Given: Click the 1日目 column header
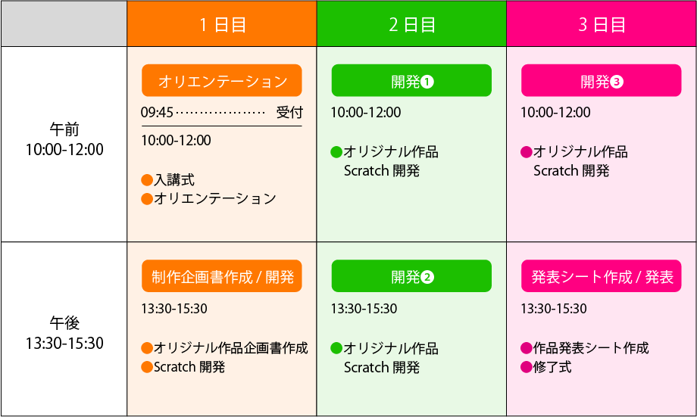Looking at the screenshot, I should (222, 24).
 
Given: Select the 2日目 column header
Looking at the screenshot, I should (411, 24).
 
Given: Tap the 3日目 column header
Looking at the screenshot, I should (602, 24).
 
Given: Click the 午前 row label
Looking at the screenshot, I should (64, 129).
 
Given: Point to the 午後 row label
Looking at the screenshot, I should (64, 323).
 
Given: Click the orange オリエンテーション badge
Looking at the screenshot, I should (222, 81).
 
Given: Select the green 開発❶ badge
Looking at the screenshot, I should (411, 81).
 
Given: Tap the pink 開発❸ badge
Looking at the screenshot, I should (602, 81).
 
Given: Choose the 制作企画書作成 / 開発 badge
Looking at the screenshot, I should (222, 276).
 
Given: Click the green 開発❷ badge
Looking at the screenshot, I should (411, 276).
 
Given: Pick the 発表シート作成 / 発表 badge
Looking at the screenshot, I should (602, 276).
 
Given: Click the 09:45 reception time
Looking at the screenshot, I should (157, 113).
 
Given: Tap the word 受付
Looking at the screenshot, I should (289, 113).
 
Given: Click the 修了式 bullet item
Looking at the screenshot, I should (552, 367).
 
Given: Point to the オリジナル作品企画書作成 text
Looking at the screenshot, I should (230, 348).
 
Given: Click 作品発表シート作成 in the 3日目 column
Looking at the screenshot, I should (591, 348).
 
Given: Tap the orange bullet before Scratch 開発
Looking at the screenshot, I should (147, 367).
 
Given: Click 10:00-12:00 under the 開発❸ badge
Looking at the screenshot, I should (555, 113).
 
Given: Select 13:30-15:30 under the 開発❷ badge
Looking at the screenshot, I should (364, 309).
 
